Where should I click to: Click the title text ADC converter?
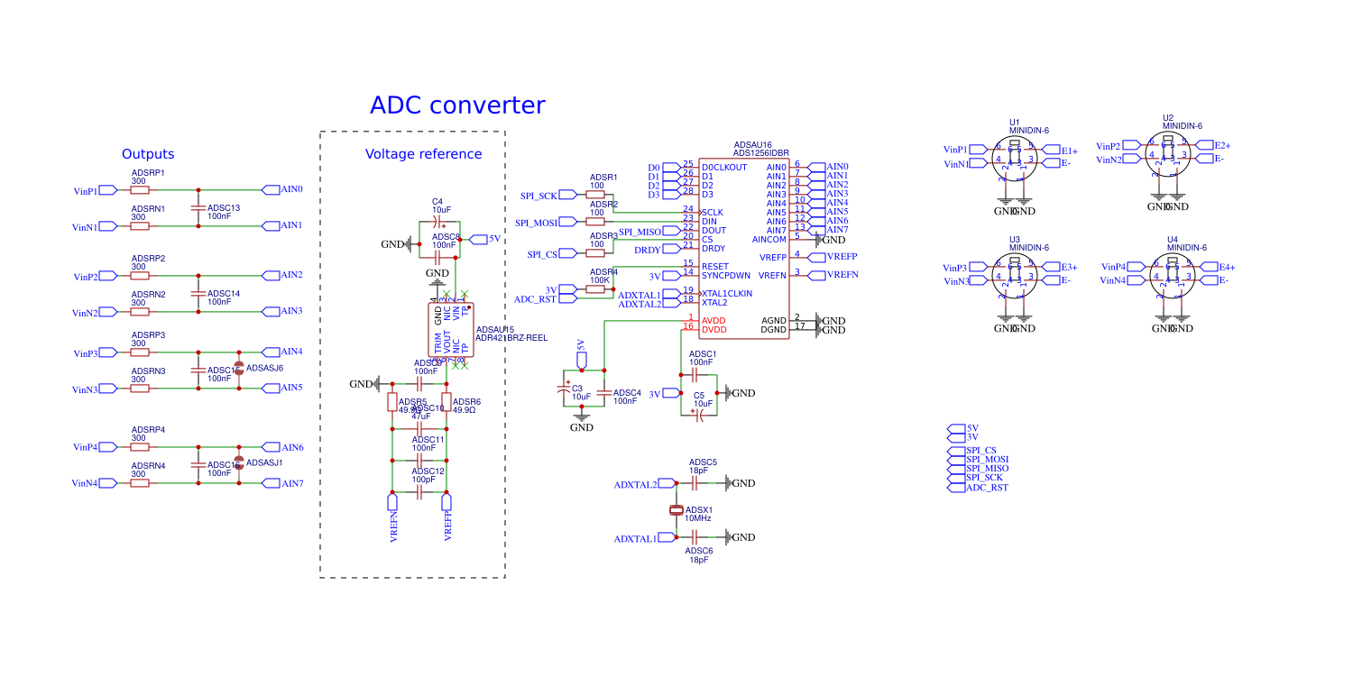(x=457, y=105)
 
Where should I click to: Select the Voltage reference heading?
(x=423, y=154)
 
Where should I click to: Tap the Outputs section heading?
(x=148, y=154)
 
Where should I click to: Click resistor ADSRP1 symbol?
(x=140, y=190)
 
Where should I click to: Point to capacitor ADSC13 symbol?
(x=198, y=208)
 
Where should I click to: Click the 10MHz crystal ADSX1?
(x=676, y=511)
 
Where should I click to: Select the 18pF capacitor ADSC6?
(x=695, y=537)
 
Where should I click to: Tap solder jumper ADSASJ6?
(x=239, y=368)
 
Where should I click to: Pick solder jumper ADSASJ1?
(x=239, y=462)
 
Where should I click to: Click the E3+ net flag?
(x=1068, y=267)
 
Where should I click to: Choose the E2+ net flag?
(x=1220, y=145)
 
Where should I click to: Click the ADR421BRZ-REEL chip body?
(x=450, y=330)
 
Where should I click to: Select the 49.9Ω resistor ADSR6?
(x=446, y=401)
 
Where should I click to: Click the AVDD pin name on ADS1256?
(x=713, y=320)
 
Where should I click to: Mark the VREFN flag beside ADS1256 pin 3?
(x=842, y=274)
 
